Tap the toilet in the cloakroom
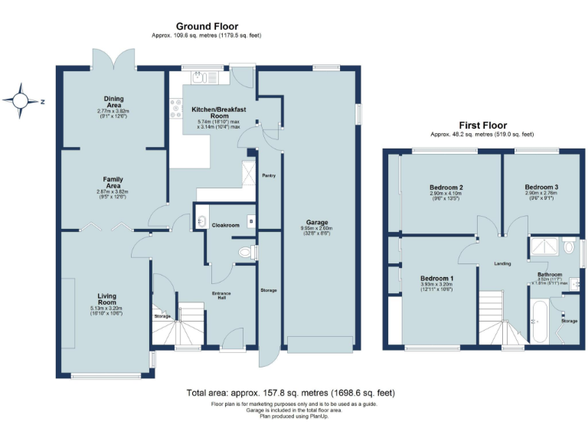pos(246,252)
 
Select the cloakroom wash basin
pos(201,222)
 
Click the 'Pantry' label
pos(269,175)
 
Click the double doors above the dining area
pos(114,59)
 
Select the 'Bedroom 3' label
pos(541,187)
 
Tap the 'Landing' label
pos(502,263)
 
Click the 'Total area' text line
pos(291,393)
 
